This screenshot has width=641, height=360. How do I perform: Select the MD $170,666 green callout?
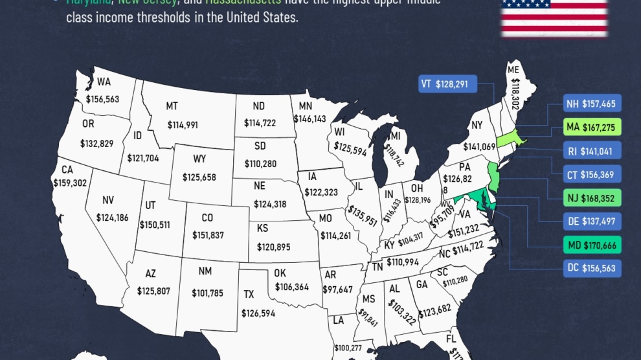click(592, 245)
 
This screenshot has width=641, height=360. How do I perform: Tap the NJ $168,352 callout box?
click(592, 197)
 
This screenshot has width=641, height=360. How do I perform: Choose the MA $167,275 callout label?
click(592, 127)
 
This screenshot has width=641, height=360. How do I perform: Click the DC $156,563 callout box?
click(592, 268)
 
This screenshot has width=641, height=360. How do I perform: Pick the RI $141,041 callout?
click(592, 150)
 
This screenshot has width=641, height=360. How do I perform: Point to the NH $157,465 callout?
click(592, 104)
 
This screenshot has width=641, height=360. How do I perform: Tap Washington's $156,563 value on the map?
click(102, 100)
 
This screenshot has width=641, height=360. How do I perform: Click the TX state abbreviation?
click(249, 295)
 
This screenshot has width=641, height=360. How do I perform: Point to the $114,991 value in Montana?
click(182, 125)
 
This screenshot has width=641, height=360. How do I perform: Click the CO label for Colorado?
click(207, 218)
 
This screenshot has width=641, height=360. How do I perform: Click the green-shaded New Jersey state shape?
click(493, 177)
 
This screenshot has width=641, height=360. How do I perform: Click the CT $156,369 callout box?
click(592, 174)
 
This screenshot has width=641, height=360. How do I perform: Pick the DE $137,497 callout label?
click(592, 221)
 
